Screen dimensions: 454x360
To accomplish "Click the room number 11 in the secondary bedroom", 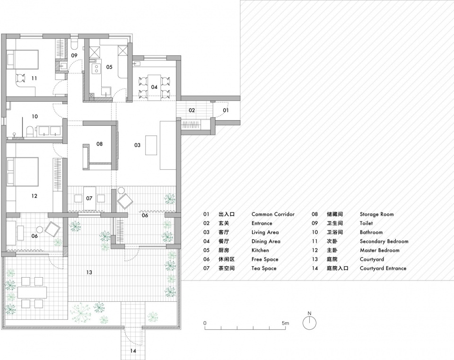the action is [x=34, y=78].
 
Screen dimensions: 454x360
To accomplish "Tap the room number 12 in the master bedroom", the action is [x=34, y=196].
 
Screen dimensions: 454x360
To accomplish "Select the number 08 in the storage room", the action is [x=99, y=144].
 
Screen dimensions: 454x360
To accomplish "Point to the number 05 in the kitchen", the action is [x=109, y=67].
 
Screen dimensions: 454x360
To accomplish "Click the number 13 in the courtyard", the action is [x=89, y=272].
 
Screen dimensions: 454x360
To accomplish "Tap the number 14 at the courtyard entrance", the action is [x=133, y=351].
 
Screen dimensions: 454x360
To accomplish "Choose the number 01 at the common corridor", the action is [x=226, y=110].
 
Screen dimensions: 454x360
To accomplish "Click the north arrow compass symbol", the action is [x=309, y=323].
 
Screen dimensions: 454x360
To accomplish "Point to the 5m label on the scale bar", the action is [x=285, y=323].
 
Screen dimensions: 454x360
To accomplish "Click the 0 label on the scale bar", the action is [x=205, y=323].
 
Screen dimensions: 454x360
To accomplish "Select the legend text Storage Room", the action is [x=377, y=214].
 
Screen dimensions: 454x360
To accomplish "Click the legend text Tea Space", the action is [x=264, y=269].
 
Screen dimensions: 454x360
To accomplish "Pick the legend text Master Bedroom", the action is [x=380, y=250].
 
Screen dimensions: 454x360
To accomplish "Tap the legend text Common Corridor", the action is [x=273, y=214].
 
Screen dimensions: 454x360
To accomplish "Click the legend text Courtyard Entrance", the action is [x=383, y=269].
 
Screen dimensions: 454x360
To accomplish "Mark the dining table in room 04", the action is [x=154, y=88].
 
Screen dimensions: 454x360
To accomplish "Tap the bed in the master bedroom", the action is [x=23, y=172].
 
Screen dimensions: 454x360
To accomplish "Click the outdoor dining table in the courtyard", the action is [x=32, y=292].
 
